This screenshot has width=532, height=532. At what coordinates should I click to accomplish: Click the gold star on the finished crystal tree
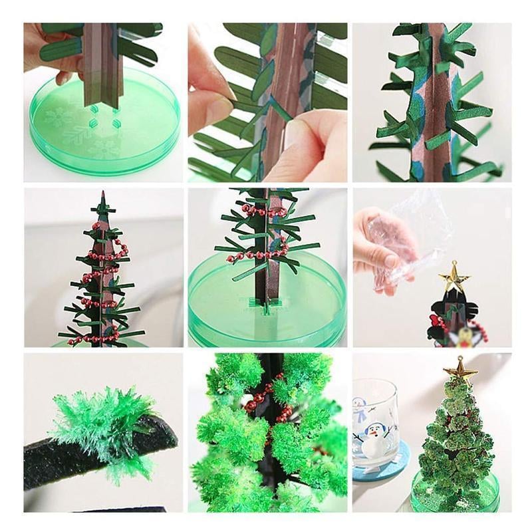click(x=458, y=370)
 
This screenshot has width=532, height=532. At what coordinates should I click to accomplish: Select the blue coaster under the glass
click(x=380, y=473)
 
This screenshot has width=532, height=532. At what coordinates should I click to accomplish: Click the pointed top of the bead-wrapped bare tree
click(x=102, y=197)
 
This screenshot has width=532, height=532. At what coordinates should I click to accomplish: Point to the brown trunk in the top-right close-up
click(x=436, y=100)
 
